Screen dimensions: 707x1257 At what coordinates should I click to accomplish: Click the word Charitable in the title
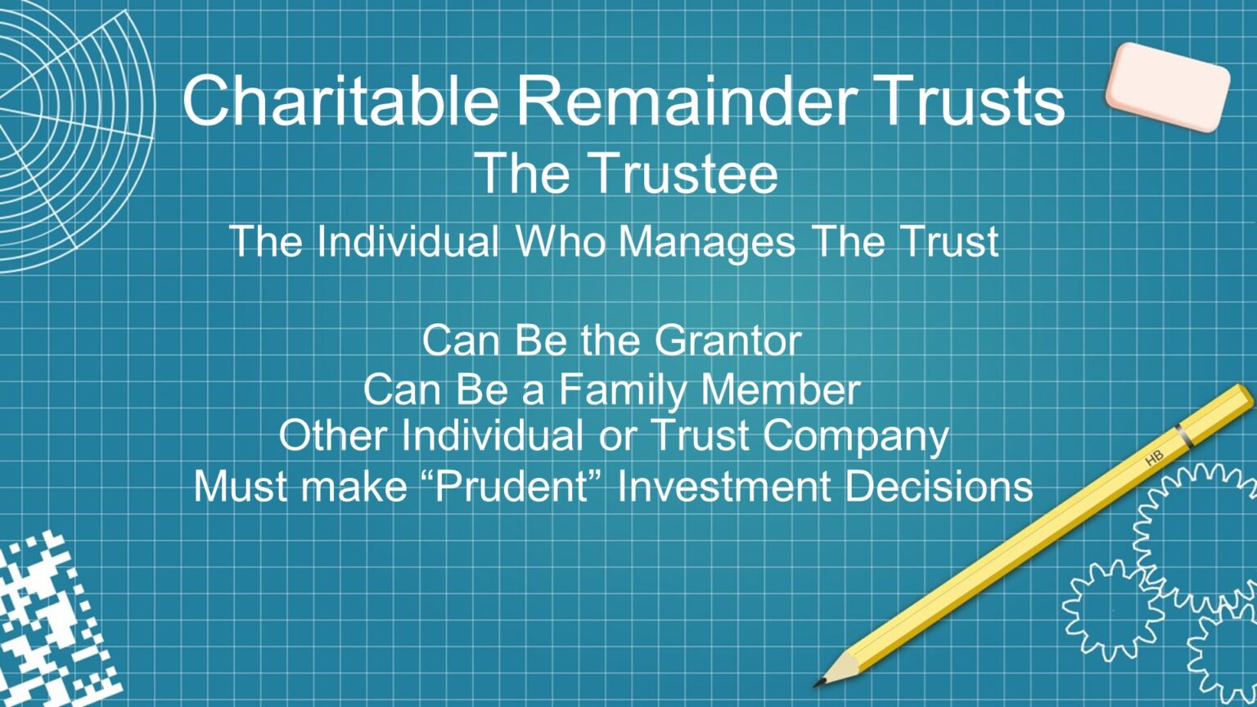click(340, 100)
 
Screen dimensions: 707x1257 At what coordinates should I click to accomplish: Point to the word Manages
click(706, 241)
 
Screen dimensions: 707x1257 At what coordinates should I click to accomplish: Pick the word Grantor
click(728, 340)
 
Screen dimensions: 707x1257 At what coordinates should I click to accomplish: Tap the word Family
click(623, 390)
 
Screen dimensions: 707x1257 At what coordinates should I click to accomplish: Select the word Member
click(781, 390)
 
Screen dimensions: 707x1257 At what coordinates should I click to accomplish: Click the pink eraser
click(1167, 86)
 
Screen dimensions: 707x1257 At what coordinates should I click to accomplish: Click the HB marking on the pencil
click(1154, 459)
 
